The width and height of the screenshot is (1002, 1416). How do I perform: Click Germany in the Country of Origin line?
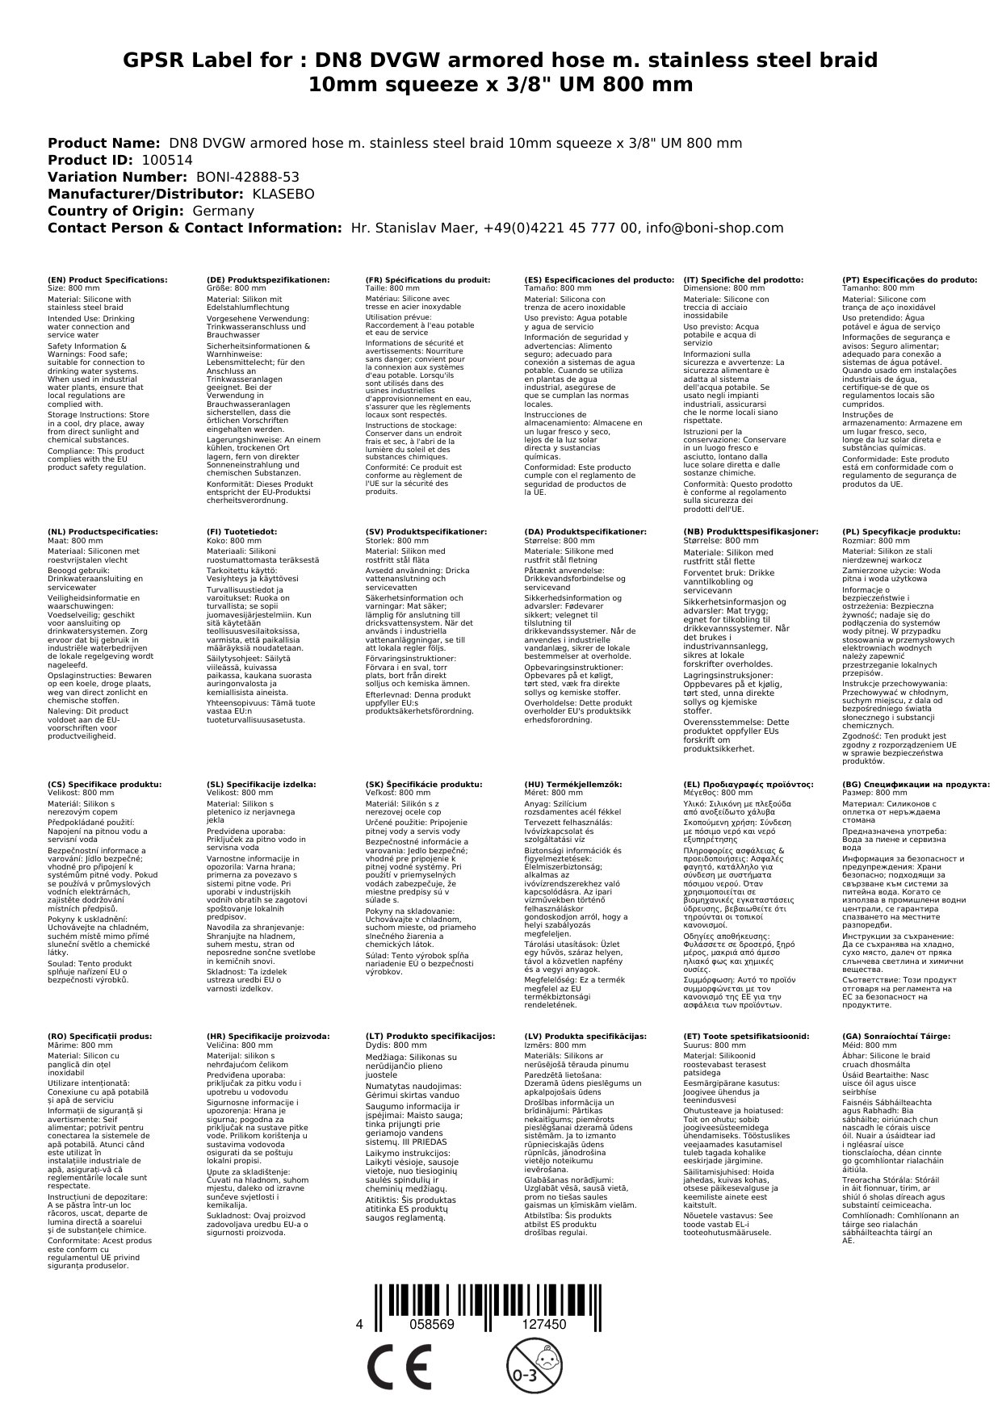pyautogui.click(x=222, y=211)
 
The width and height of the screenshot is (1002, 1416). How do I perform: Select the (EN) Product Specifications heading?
pyautogui.click(x=107, y=280)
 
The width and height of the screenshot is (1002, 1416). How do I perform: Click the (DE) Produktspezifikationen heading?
pyautogui.click(x=268, y=280)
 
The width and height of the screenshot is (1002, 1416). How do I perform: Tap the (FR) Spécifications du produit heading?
pyautogui.click(x=427, y=280)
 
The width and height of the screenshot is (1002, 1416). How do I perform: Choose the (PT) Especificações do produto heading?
pyautogui.click(x=909, y=280)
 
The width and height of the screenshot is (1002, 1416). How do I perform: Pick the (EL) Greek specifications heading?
pyautogui.click(x=748, y=784)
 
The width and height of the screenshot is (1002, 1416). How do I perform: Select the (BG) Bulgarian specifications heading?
pyautogui.click(x=916, y=784)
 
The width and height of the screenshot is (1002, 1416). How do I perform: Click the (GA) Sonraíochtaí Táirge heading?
pyautogui.click(x=895, y=1036)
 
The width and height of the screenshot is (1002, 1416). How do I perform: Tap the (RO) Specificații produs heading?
pyautogui.click(x=99, y=1036)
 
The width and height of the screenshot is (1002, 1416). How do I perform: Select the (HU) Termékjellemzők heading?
pyautogui.click(x=572, y=784)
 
